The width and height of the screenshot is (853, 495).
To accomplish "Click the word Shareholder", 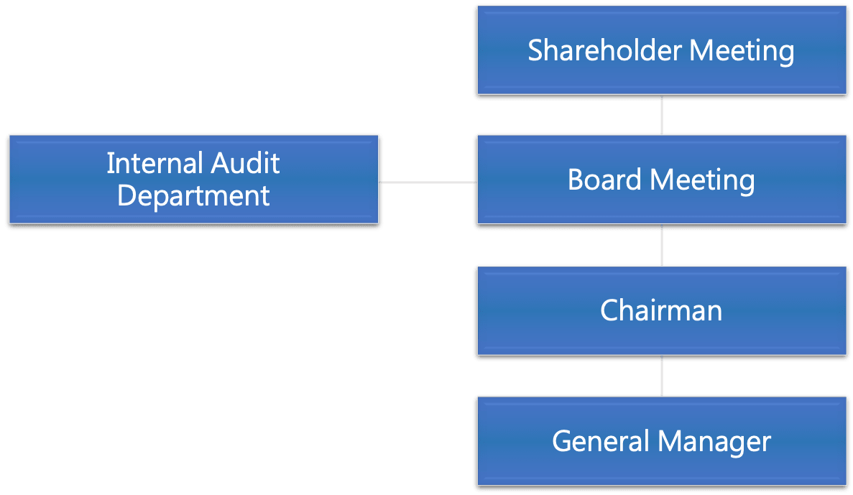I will (605, 51).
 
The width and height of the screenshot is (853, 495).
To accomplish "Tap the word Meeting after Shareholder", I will (742, 51).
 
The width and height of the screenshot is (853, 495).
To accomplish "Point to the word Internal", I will (148, 164).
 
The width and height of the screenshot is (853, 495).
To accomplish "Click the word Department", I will (193, 196).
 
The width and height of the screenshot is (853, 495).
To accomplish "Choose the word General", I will (601, 440).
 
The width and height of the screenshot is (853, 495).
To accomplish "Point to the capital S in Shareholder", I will (535, 51).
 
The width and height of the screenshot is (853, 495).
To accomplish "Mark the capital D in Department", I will (126, 195).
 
